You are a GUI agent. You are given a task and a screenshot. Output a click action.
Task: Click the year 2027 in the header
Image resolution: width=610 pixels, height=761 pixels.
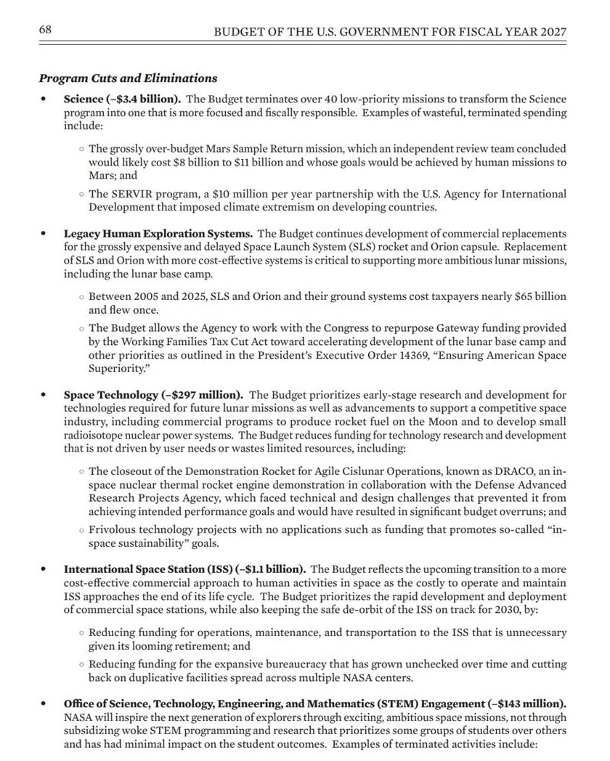[551, 32]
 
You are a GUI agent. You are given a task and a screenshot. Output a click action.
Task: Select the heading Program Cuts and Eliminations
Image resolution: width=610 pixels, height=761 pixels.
[128, 78]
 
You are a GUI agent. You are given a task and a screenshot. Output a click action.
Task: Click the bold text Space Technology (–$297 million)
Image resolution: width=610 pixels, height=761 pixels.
[153, 395]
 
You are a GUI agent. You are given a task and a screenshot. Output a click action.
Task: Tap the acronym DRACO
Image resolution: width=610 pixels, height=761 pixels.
[484, 471]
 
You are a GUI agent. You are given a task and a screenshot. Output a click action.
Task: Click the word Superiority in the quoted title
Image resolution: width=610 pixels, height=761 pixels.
[116, 368]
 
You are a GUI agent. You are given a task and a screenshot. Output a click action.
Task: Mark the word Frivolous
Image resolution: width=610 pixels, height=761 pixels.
[116, 531]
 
